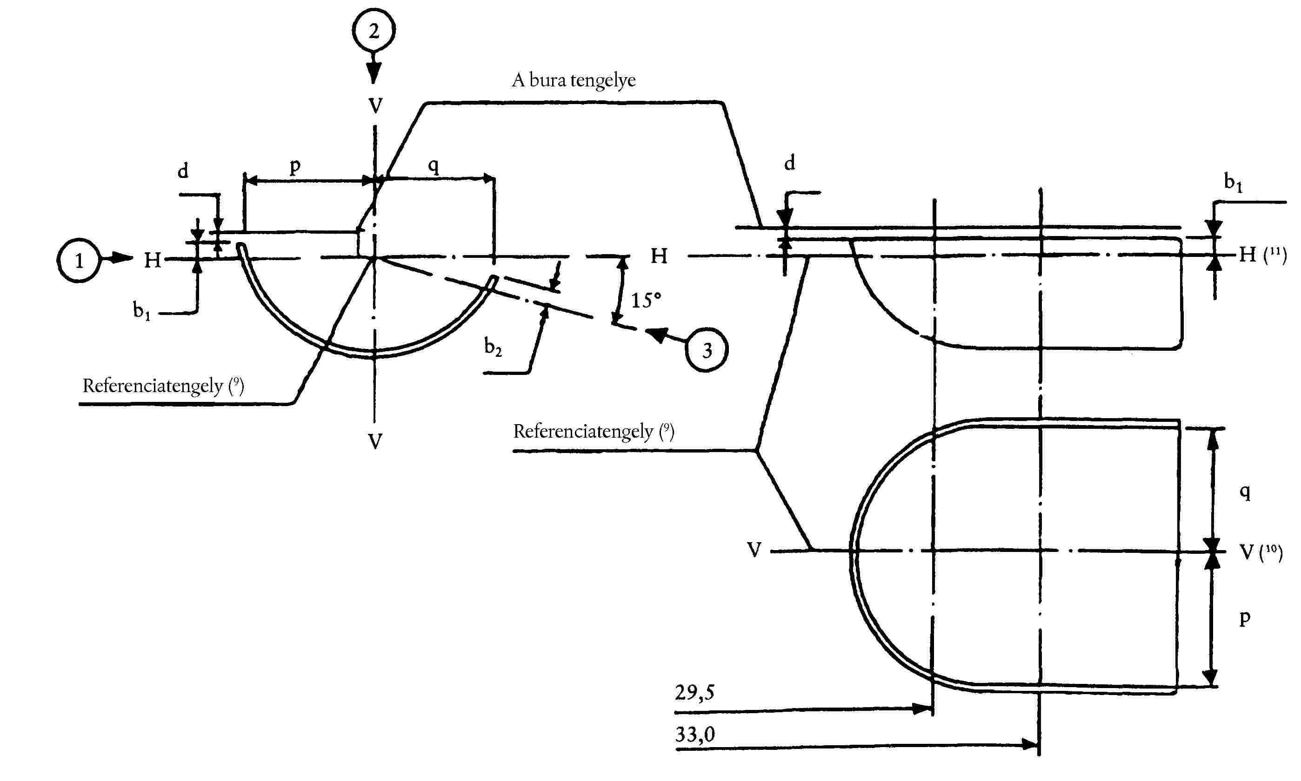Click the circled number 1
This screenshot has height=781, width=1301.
point(79,261)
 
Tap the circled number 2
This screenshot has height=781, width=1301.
point(374,31)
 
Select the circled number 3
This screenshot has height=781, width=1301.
point(707,350)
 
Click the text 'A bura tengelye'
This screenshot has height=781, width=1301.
point(574,80)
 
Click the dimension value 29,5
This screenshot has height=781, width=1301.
point(694,693)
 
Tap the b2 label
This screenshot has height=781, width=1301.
point(493,347)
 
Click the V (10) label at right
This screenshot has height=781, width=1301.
point(1260,552)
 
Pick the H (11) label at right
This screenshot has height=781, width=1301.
point(1262,255)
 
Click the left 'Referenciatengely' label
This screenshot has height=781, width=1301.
point(163,386)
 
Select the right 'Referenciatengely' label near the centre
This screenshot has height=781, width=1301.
point(593,431)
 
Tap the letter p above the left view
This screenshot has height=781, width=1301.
point(295,166)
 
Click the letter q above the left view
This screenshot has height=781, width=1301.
point(433,166)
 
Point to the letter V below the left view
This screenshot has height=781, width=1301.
point(374,441)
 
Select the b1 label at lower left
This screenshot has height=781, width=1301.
point(141,310)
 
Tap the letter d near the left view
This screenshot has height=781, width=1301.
point(183,171)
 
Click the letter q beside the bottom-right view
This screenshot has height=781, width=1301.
point(1245,492)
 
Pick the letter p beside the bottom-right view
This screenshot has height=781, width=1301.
point(1244,618)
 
